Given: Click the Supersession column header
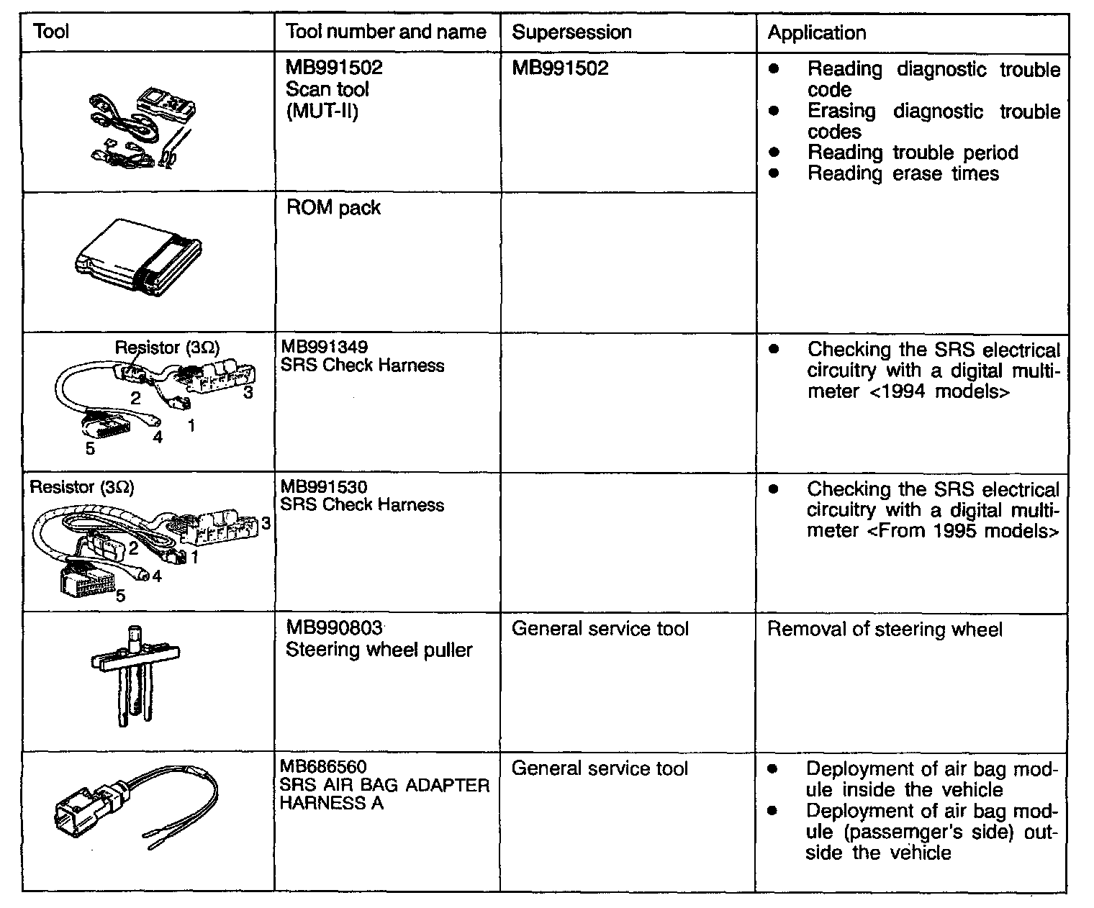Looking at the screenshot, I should (x=571, y=32).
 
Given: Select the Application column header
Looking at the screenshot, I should (x=816, y=32).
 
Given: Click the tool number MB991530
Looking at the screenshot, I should (x=324, y=487).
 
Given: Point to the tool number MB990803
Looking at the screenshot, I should (x=333, y=628).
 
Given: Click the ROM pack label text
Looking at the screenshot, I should (x=333, y=208).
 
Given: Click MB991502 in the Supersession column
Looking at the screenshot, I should (x=560, y=68).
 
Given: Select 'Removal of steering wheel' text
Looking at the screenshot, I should (x=884, y=630).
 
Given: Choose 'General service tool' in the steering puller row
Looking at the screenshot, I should (x=600, y=629).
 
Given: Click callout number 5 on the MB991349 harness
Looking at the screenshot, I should (x=90, y=448).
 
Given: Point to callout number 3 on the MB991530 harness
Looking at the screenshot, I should (x=266, y=523).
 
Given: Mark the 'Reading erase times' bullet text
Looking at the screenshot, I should (x=903, y=173).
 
